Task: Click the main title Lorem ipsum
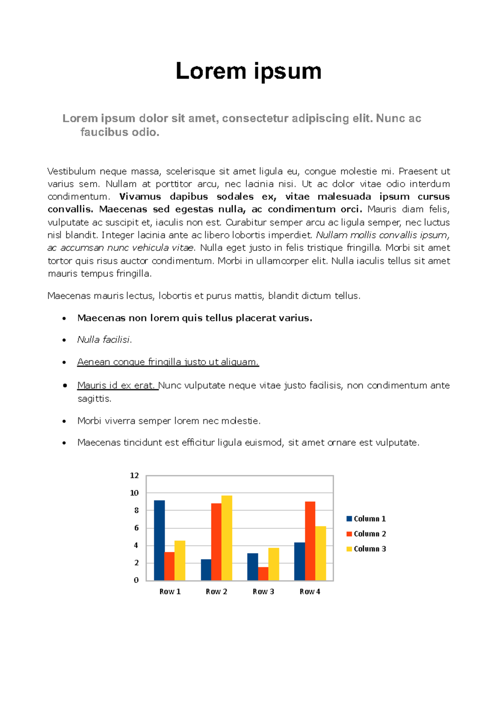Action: pos(248,71)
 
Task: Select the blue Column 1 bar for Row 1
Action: pos(159,540)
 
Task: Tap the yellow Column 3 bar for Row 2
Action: pos(227,538)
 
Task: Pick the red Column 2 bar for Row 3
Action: pos(263,574)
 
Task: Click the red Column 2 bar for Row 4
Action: pos(310,541)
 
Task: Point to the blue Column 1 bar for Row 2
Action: pos(206,570)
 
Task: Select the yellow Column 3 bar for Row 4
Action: pos(321,553)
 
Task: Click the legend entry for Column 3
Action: pos(367,549)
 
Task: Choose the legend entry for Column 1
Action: pos(367,519)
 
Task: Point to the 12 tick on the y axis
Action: pos(134,475)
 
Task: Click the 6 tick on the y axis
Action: pos(136,528)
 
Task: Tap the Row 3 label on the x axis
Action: pos(263,592)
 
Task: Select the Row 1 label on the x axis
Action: pos(170,592)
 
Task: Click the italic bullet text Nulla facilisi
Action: pos(104,340)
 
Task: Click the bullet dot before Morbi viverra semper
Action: pos(64,421)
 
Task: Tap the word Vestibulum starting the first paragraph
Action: pos(71,171)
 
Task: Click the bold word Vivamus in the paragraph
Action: pos(140,197)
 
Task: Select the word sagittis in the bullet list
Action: pos(94,399)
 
